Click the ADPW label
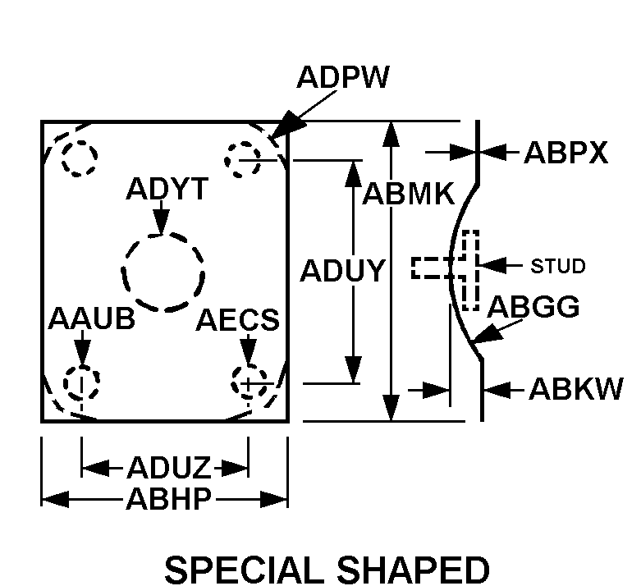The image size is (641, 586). point(343,77)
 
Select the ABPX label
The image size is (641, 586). point(565,153)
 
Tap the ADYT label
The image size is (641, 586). point(167,189)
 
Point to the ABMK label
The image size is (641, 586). point(409,194)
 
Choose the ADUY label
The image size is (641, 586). point(342,270)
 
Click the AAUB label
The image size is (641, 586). point(92,318)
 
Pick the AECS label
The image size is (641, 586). point(237,319)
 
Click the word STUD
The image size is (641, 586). point(557,266)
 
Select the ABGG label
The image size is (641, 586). point(533,306)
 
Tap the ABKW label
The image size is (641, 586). point(575,388)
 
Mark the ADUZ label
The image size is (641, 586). point(168,468)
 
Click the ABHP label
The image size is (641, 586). point(169,498)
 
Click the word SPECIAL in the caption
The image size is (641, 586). point(241,570)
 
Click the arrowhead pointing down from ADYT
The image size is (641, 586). point(162,223)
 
